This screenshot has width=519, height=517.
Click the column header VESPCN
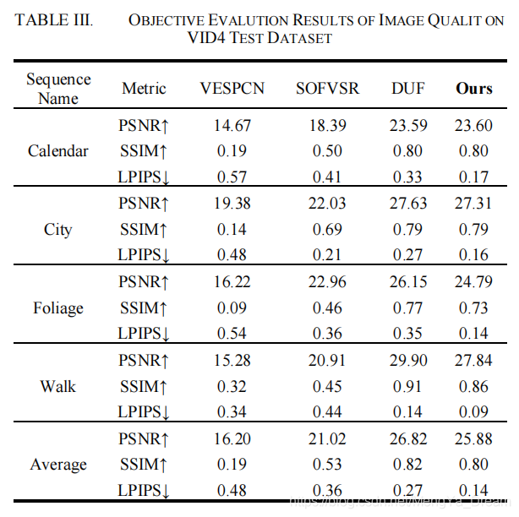232,89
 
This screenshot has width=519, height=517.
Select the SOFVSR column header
327,89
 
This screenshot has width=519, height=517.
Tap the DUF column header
407,89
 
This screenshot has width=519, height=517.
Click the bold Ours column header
474,89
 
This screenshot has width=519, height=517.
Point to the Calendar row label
58,151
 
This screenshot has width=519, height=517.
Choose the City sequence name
58,229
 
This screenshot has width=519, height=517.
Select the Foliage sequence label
58,307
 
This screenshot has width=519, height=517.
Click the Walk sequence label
58,386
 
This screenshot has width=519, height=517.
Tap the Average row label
58,465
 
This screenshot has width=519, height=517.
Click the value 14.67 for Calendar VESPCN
232,126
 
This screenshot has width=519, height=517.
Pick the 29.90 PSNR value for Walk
407,361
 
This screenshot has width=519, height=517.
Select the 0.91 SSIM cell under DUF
407,386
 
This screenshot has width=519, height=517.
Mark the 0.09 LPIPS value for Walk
474,412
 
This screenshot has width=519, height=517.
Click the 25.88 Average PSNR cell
474,439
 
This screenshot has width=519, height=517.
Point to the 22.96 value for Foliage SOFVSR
327,282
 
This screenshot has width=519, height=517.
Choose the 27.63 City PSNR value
407,204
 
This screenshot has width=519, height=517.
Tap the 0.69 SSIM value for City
327,229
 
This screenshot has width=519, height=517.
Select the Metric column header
144,89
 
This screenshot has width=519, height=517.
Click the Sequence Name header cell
58,89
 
